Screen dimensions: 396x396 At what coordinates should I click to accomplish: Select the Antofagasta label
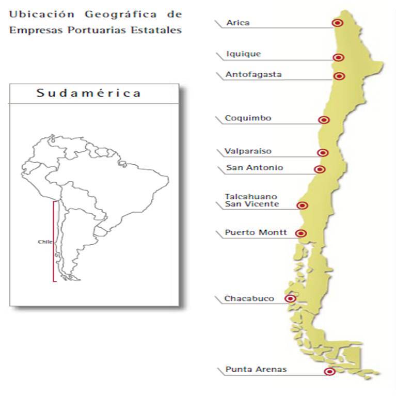click(x=254, y=74)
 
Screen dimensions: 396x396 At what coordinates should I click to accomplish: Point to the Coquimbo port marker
click(x=324, y=120)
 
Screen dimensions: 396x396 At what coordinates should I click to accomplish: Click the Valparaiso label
click(x=248, y=151)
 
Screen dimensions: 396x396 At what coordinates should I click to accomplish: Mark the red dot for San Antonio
click(x=320, y=169)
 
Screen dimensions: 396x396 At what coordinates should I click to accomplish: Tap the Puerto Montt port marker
click(x=302, y=233)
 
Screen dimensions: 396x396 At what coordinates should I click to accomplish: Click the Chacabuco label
click(x=249, y=298)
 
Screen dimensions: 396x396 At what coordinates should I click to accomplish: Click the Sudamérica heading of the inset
click(x=89, y=93)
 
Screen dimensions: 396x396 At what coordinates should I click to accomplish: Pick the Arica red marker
click(x=338, y=23)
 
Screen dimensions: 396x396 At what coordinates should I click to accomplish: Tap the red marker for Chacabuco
click(x=291, y=298)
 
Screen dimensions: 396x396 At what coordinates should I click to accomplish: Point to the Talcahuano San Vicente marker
click(x=303, y=205)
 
